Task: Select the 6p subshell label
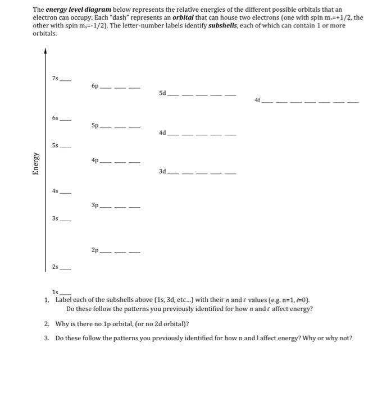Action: (x=94, y=86)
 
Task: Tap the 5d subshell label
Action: (x=162, y=93)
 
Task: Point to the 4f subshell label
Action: (x=258, y=100)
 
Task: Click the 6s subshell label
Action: (x=55, y=118)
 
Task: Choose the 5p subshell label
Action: (x=94, y=126)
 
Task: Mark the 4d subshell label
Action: (x=162, y=133)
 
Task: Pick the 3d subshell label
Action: (x=162, y=171)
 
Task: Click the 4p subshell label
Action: (x=94, y=161)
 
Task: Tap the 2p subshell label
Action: (x=94, y=250)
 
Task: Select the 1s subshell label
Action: (x=55, y=293)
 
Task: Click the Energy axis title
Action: (x=36, y=164)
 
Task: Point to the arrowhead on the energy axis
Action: (x=46, y=52)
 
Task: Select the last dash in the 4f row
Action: (x=352, y=103)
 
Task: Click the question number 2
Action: (x=46, y=324)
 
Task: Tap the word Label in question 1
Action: (x=64, y=300)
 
